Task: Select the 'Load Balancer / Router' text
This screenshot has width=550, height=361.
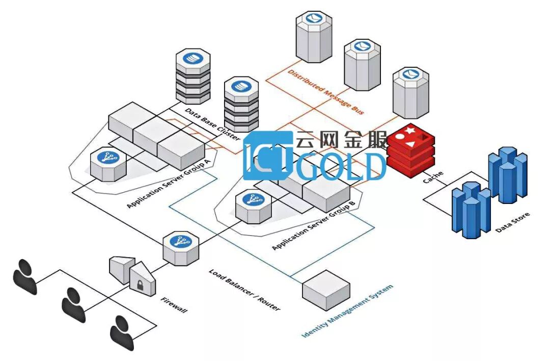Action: [244, 290]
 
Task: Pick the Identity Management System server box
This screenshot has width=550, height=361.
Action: [326, 290]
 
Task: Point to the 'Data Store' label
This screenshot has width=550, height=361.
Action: [512, 222]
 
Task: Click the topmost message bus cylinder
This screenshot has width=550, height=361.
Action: [314, 36]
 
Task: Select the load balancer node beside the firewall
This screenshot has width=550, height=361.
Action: [180, 248]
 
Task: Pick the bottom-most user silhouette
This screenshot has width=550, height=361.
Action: [122, 332]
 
